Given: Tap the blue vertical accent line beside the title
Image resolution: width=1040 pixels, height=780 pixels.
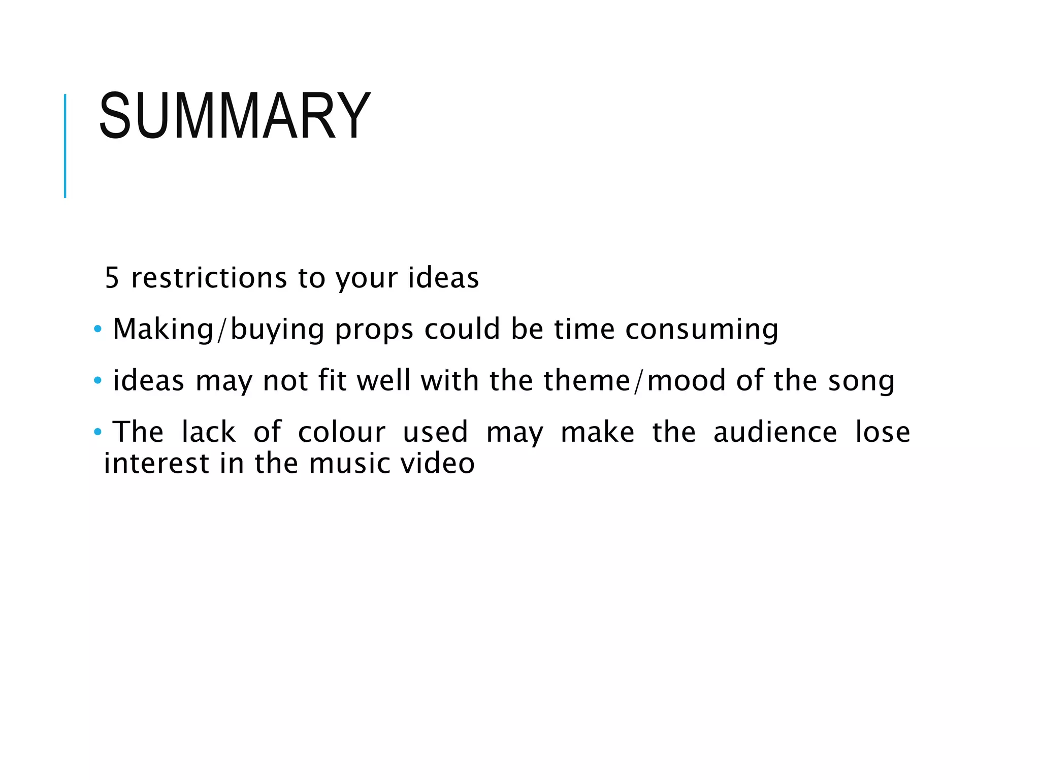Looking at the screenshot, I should pos(65,146).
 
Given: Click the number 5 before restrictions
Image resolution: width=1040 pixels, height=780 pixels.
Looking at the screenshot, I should pos(112,278).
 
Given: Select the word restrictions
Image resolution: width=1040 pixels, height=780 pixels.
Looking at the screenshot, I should pos(209,278).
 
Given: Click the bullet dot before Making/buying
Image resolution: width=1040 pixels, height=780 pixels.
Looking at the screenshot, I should pos(97,330).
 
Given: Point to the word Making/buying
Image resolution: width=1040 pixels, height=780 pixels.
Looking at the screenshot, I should pos(218,330).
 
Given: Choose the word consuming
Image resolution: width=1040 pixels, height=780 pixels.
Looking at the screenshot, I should pos(701,330).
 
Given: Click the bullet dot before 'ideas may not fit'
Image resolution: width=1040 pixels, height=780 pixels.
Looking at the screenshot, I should pos(97,381).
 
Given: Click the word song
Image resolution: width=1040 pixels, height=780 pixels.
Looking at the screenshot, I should pos(861,381).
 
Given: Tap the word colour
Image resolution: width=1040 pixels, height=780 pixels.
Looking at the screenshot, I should pos(341,432).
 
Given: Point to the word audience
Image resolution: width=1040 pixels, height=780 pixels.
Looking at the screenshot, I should pos(775,432).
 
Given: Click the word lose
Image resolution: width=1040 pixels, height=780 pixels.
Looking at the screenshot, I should pos(883,432).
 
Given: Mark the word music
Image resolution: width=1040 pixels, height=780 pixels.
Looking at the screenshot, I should pos(349,463).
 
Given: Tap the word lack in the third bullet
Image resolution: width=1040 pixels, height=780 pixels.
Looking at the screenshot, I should pos(208,432).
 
